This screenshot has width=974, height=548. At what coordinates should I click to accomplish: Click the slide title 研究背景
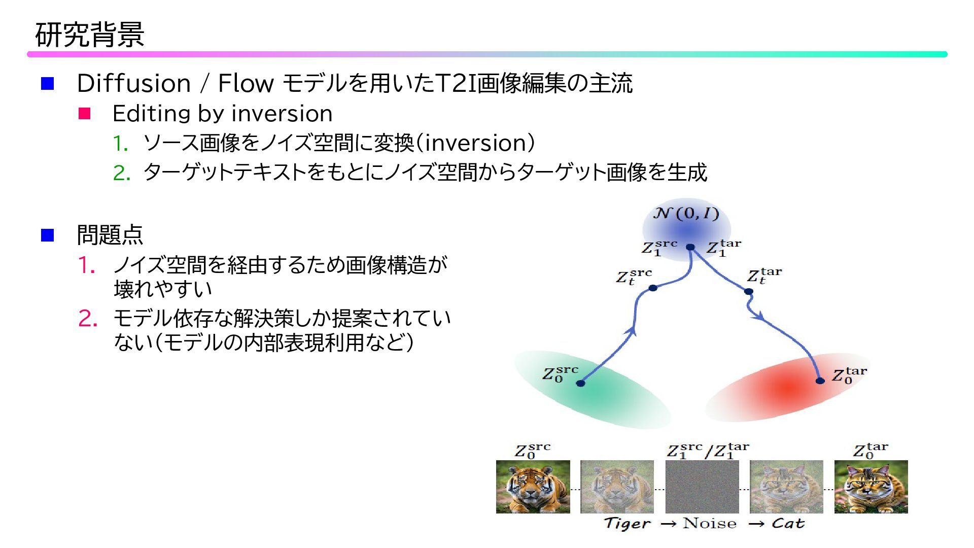tap(90, 35)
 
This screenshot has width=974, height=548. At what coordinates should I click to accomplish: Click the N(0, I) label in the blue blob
tap(686, 214)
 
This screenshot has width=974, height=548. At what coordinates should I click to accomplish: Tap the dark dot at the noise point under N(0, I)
tap(690, 248)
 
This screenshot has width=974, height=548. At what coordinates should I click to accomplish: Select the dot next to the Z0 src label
tap(581, 383)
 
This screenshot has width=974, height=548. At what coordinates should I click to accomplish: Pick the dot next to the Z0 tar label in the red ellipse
tap(820, 381)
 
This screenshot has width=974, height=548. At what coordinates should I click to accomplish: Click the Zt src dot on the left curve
tap(653, 288)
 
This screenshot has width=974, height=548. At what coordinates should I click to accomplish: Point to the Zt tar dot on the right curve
tap(748, 291)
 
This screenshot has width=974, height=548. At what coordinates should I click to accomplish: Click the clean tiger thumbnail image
tap(533, 487)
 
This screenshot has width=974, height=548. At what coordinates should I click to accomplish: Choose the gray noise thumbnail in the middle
tap(702, 487)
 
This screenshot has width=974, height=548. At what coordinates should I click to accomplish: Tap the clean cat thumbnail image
tap(871, 487)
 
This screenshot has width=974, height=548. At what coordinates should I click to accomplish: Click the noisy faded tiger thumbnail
tap(617, 487)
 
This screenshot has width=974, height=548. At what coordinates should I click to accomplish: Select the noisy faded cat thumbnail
tap(786, 487)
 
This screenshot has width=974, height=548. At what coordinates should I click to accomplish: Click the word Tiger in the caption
tap(627, 524)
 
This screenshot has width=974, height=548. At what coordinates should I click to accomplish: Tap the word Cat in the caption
tap(788, 524)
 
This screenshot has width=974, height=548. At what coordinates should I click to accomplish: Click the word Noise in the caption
tap(709, 524)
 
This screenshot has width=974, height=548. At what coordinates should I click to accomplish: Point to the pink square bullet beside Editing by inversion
tap(84, 114)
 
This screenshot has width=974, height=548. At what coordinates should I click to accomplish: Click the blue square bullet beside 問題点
tap(47, 235)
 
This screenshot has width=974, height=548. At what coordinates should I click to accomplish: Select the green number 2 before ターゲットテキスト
tap(121, 174)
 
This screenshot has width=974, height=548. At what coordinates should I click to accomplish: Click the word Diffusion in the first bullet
tap(133, 84)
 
